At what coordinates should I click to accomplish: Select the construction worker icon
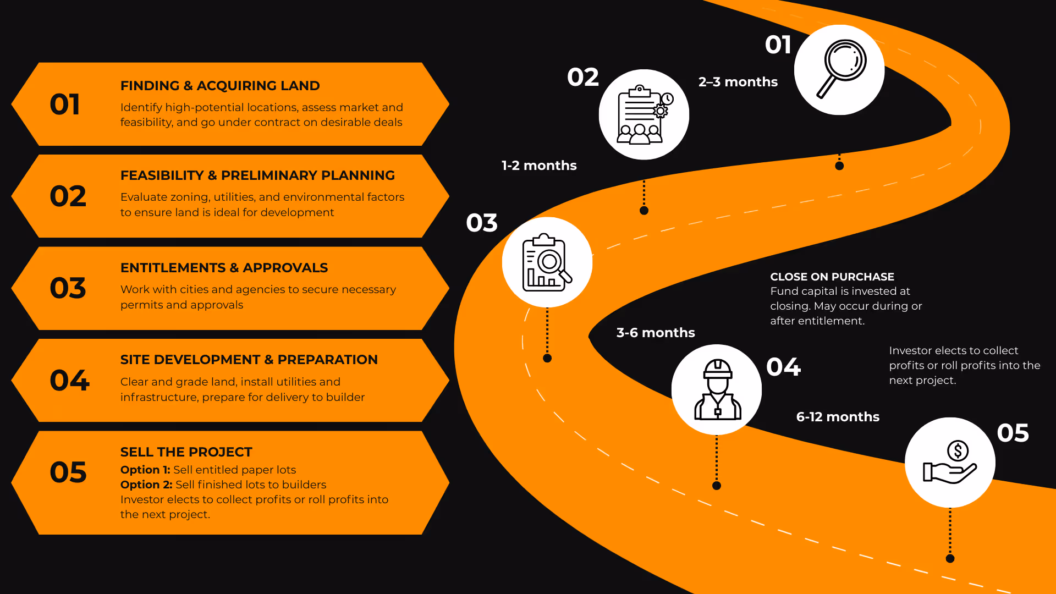717,389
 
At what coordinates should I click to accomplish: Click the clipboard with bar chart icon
547,262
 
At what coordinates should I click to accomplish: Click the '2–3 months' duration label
738,82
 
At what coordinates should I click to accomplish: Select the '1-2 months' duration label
539,166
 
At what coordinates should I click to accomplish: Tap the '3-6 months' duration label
656,333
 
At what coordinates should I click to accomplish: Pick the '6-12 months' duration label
838,417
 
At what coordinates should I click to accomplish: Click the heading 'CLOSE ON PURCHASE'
832,277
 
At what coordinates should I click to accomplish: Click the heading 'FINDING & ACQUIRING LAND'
220,86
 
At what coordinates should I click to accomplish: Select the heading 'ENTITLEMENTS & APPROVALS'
224,268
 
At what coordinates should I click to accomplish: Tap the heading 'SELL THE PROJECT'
186,452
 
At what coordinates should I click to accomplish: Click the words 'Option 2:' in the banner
146,485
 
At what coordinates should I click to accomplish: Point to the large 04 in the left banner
69,380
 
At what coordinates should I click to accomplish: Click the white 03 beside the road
482,223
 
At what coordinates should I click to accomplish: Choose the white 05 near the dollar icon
1013,433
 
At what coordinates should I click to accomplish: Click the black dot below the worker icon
717,486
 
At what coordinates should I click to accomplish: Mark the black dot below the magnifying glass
839,166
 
